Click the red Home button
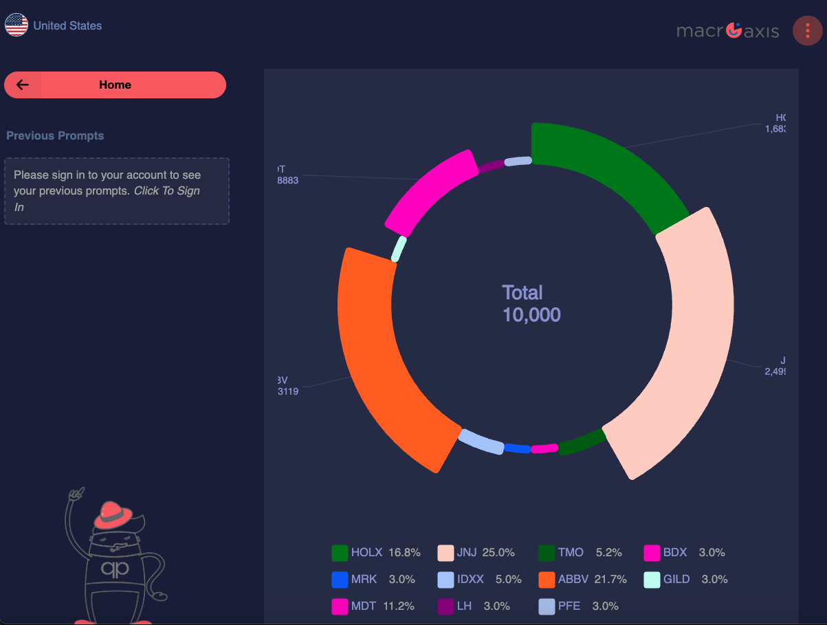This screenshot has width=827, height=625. click(115, 85)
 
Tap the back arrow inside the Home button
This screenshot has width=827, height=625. click(23, 85)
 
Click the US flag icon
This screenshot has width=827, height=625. click(16, 25)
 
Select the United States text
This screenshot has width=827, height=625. click(67, 25)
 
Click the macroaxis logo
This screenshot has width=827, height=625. click(727, 30)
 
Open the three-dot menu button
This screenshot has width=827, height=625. click(807, 31)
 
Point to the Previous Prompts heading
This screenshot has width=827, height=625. click(55, 135)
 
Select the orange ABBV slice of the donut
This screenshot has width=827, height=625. click(385, 358)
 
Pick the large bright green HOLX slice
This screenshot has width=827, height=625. click(605, 172)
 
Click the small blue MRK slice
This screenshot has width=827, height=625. click(517, 448)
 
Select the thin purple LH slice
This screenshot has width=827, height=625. click(492, 166)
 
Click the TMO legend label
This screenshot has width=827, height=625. click(571, 552)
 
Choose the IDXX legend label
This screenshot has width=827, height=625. click(470, 579)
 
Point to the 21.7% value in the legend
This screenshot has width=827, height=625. click(610, 579)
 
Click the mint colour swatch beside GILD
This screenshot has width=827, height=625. click(652, 580)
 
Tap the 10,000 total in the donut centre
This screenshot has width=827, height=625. click(531, 315)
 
